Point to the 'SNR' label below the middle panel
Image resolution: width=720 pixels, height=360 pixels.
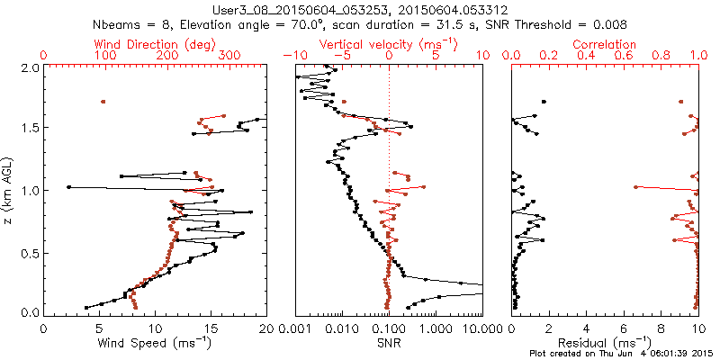point(388,343)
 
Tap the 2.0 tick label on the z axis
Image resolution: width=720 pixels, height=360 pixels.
point(29,67)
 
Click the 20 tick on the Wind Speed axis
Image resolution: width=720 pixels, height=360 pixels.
point(264,328)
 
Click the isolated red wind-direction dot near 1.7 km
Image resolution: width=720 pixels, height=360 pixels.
point(103,102)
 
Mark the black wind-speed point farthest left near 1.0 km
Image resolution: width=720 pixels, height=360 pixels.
point(68,187)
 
